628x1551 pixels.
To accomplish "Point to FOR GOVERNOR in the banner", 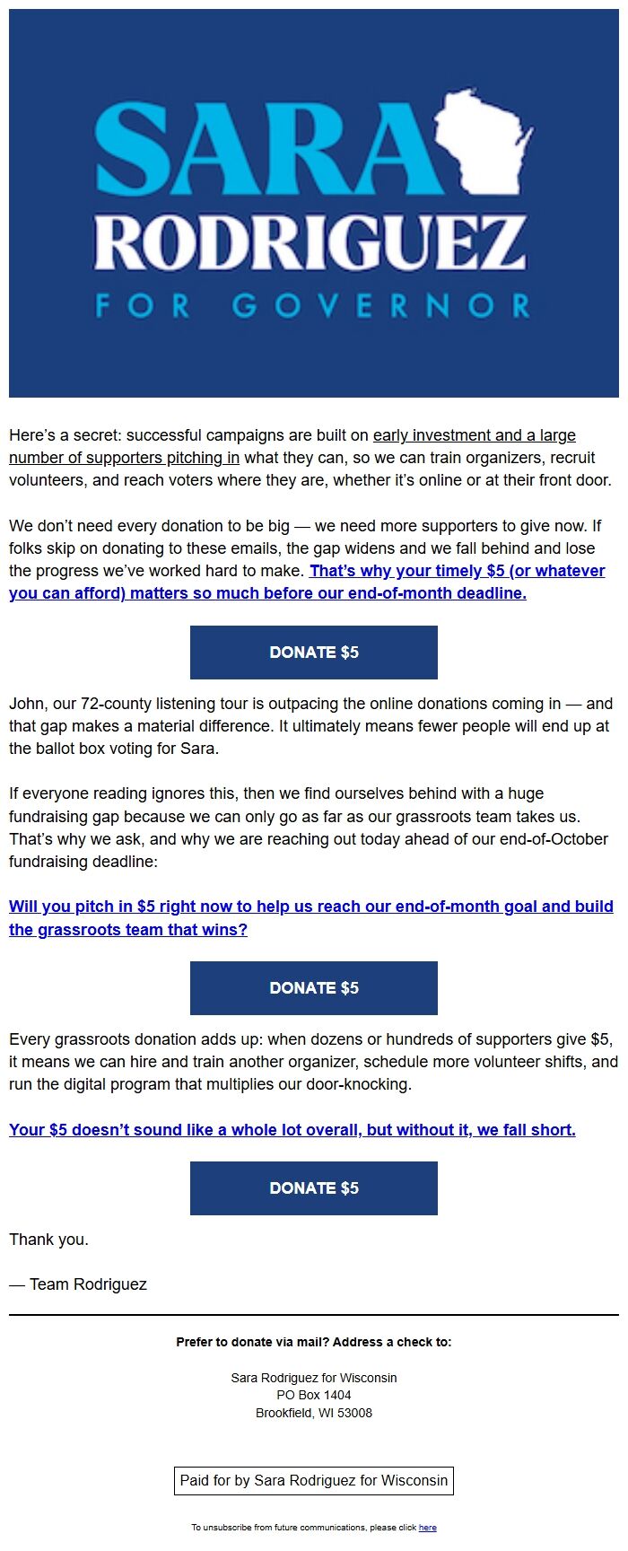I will [x=313, y=306].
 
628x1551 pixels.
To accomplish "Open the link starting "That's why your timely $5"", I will [x=458, y=571].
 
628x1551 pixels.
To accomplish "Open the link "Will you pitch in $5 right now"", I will [x=310, y=907].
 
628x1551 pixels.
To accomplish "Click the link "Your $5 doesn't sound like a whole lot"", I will [x=292, y=1130].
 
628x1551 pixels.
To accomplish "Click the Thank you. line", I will [x=48, y=1240].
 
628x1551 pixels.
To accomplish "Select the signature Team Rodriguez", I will [x=88, y=1284].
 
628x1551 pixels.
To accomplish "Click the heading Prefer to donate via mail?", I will [x=313, y=1342].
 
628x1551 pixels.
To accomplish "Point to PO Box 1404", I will [x=313, y=1395].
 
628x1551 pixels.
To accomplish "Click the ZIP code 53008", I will [x=353, y=1413].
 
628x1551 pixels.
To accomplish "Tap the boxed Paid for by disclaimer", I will [x=313, y=1480].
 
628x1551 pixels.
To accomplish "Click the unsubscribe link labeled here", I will [x=428, y=1528].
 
